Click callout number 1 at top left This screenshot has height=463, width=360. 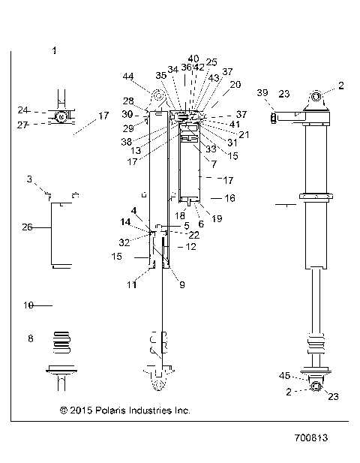coord(54,50)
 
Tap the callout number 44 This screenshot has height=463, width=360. coord(128,77)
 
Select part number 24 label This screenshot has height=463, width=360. coord(22,110)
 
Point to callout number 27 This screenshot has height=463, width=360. coord(22,125)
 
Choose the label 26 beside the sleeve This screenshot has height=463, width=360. coord(28,227)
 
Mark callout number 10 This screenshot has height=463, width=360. coord(28,305)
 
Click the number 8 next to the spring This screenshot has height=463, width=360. coord(30,339)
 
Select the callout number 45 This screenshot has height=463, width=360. coord(283,376)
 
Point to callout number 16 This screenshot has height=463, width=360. coord(229,198)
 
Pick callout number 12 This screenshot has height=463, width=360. coord(190,246)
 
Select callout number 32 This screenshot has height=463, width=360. coord(124,242)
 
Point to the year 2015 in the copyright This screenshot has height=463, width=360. coord(82,410)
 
